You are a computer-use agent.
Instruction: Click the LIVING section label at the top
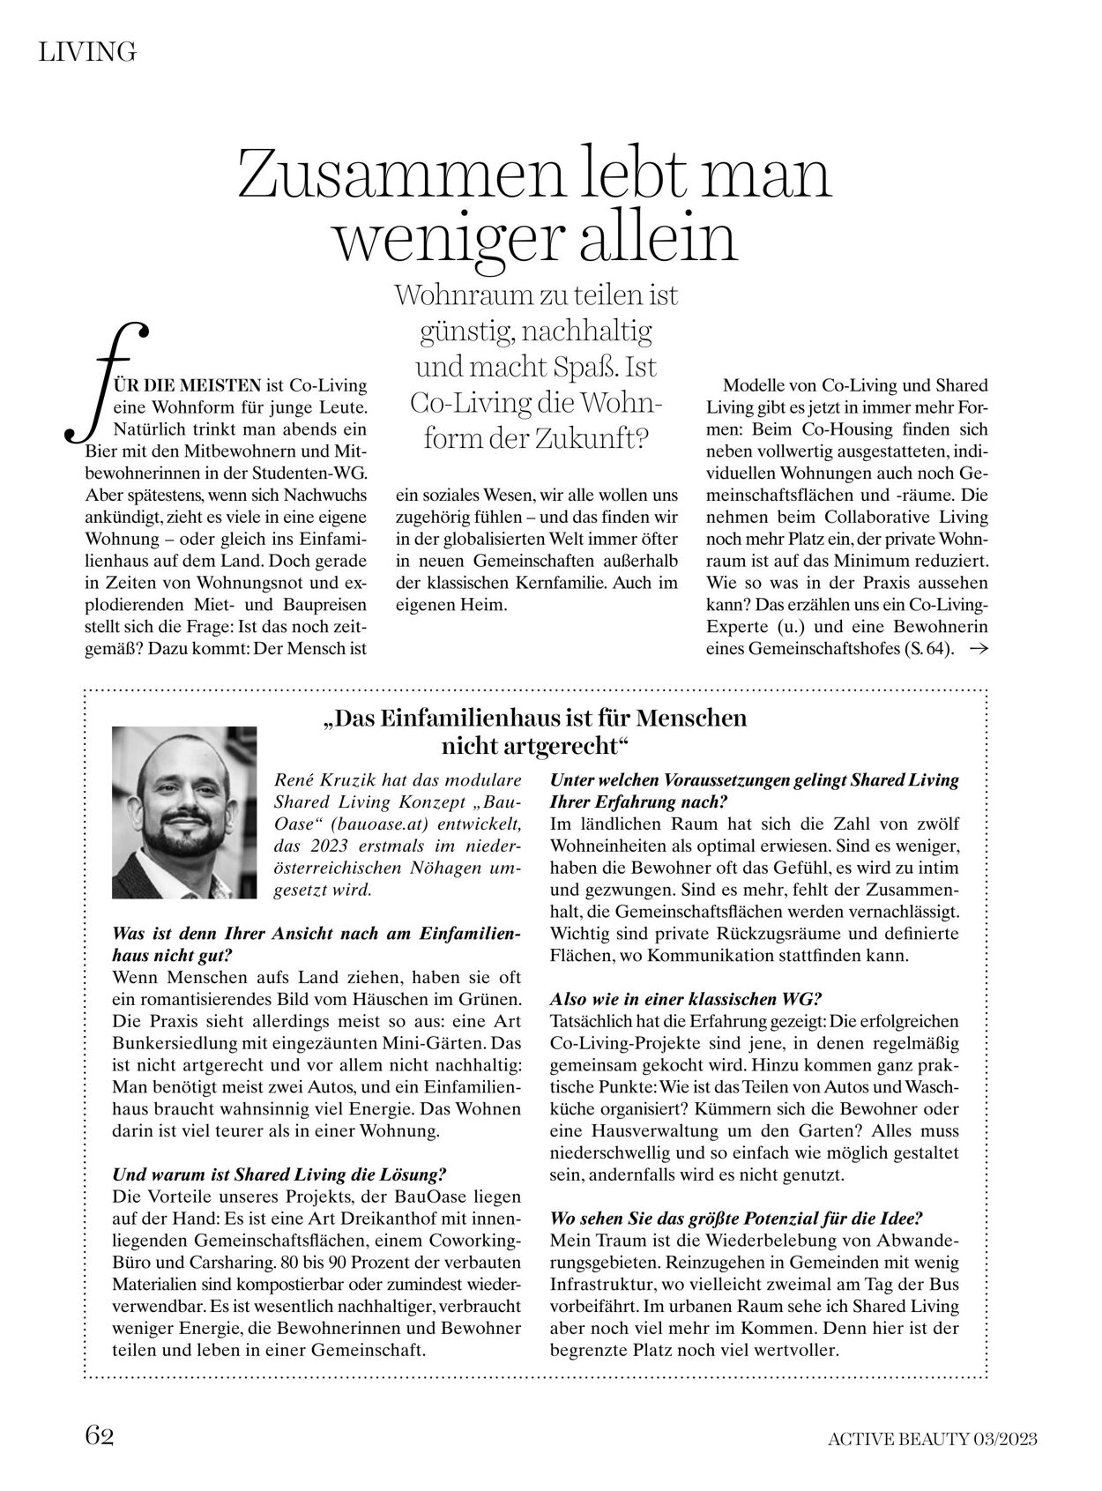pyautogui.click(x=87, y=53)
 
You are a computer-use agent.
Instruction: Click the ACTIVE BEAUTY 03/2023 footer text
pyautogui.click(x=932, y=1439)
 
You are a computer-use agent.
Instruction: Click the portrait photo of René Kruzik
pyautogui.click(x=184, y=812)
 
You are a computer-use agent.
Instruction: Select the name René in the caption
pyautogui.click(x=294, y=780)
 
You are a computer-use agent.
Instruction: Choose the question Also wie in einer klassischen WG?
pyautogui.click(x=685, y=1000)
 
